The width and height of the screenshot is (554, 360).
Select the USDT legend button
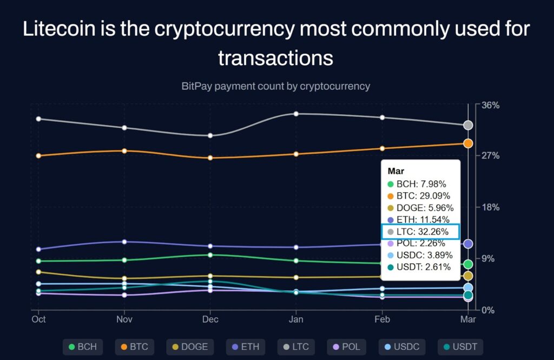(459, 346)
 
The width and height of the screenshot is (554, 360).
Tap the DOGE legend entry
(189, 346)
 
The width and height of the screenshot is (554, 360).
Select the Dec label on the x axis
(210, 319)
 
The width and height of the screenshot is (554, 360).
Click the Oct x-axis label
(38, 319)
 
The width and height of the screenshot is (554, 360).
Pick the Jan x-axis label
(295, 319)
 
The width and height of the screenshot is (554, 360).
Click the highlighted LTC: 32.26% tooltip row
(420, 232)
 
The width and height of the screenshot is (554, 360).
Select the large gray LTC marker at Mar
(468, 125)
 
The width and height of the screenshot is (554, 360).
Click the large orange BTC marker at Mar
(468, 143)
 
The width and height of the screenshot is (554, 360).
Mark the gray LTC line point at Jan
(296, 114)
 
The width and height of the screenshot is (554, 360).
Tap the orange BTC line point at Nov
(124, 151)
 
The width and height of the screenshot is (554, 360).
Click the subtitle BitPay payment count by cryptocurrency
(276, 86)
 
